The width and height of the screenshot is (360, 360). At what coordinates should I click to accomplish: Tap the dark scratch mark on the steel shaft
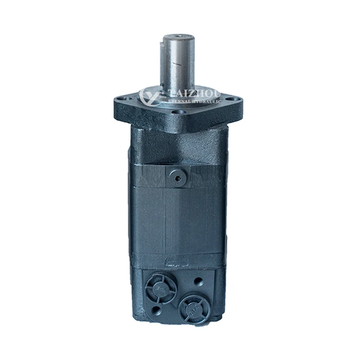click(x=179, y=63)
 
